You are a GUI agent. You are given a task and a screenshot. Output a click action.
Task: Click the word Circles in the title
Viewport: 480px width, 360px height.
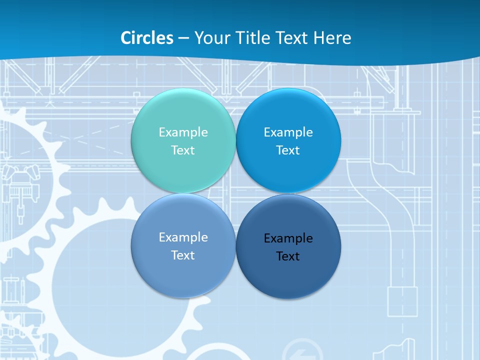147,38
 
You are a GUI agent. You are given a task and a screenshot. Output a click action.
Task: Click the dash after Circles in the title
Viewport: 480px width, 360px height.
183,38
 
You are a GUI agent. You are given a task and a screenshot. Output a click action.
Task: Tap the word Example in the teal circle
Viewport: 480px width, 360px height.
183,132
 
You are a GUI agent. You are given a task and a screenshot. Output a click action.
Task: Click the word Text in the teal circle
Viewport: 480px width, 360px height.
183,150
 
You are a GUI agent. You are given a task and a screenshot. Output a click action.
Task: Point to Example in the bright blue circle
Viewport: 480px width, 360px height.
288,132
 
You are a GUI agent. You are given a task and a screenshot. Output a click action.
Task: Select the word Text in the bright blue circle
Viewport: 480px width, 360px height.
288,150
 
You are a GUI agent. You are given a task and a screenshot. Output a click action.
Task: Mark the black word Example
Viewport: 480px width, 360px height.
288,238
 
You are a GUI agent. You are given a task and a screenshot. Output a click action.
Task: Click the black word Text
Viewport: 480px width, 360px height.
288,256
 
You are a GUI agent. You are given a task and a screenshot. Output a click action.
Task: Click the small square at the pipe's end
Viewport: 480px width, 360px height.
402,301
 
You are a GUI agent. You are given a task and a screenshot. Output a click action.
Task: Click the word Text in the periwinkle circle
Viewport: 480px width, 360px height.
183,255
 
